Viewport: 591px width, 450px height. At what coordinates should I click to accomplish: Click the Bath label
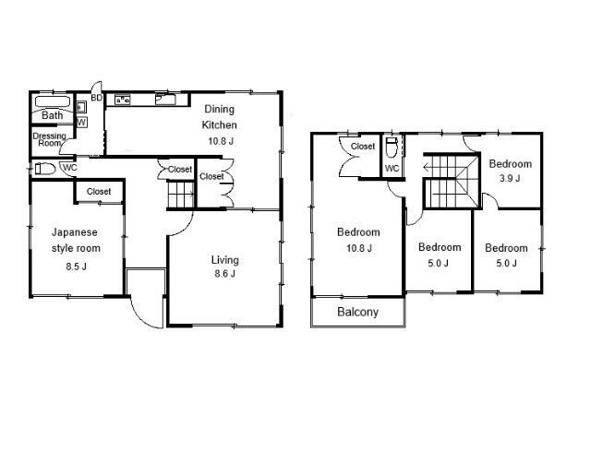click(x=52, y=115)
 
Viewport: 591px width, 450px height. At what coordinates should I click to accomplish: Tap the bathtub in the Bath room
click(x=53, y=101)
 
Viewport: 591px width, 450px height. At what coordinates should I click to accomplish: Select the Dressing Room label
click(x=49, y=139)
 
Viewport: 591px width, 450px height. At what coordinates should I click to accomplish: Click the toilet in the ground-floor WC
click(x=45, y=168)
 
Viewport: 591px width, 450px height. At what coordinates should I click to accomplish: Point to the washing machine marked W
click(x=81, y=122)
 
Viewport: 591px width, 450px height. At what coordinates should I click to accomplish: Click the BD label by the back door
click(x=96, y=98)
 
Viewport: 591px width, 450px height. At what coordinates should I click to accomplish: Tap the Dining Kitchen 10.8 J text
click(x=220, y=124)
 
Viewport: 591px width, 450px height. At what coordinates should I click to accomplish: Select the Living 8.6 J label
click(x=225, y=266)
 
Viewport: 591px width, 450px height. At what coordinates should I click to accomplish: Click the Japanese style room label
click(x=76, y=240)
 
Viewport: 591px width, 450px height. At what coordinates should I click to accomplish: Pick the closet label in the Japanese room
click(x=99, y=192)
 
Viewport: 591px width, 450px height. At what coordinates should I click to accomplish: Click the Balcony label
click(x=357, y=312)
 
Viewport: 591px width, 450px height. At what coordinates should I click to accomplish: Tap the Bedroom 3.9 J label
click(x=511, y=171)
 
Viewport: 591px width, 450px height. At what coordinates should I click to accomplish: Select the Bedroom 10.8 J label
click(x=358, y=240)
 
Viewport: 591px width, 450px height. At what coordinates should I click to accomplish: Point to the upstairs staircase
click(x=452, y=181)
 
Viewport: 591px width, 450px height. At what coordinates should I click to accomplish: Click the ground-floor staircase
click(x=181, y=195)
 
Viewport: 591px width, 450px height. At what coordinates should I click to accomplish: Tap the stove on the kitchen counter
click(x=123, y=100)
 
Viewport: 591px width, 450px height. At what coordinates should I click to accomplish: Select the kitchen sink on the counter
click(x=165, y=100)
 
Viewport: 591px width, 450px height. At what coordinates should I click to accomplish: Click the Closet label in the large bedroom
click(x=363, y=146)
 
